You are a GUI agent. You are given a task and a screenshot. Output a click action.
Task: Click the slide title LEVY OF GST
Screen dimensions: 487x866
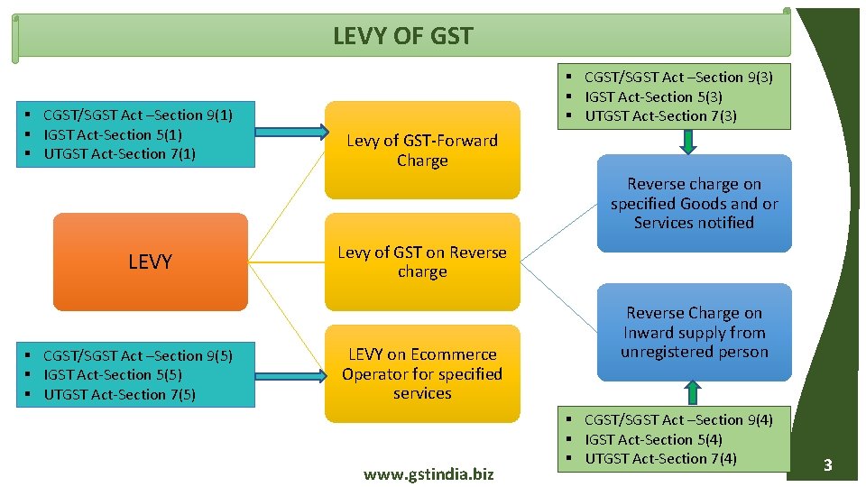pyautogui.click(x=402, y=36)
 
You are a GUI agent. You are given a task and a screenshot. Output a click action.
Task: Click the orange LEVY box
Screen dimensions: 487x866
pyautogui.click(x=150, y=262)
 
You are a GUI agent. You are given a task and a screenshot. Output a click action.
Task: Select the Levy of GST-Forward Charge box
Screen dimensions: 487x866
pyautogui.click(x=422, y=151)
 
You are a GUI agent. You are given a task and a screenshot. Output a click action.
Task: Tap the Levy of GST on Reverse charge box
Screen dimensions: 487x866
pyautogui.click(x=422, y=262)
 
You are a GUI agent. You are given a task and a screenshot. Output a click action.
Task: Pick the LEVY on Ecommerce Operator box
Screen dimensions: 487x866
pyautogui.click(x=422, y=373)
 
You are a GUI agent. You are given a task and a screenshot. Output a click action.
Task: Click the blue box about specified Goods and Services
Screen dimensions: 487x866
pyautogui.click(x=694, y=203)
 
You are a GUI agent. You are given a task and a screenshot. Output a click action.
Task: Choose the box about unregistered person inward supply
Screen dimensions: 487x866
pyautogui.click(x=694, y=332)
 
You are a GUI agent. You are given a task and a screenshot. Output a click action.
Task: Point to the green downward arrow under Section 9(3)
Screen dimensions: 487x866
pyautogui.click(x=688, y=142)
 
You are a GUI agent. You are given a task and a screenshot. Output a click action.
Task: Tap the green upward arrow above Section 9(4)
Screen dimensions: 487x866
pyautogui.click(x=693, y=392)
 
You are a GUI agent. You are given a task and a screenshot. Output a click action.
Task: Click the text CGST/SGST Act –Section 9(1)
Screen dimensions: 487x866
pyautogui.click(x=137, y=115)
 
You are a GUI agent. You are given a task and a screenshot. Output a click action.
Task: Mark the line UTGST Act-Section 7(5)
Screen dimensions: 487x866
pyautogui.click(x=119, y=394)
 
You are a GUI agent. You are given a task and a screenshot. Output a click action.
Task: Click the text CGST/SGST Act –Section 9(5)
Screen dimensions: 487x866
pyautogui.click(x=137, y=355)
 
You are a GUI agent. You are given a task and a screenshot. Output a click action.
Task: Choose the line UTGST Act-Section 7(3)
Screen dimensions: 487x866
pyautogui.click(x=660, y=115)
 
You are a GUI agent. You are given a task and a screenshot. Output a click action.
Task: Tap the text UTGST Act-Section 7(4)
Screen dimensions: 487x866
pyautogui.click(x=660, y=458)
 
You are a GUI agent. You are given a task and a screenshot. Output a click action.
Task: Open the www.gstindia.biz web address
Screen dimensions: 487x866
pyautogui.click(x=428, y=473)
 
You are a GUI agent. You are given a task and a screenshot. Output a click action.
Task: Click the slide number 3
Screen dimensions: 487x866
pyautogui.click(x=826, y=465)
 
